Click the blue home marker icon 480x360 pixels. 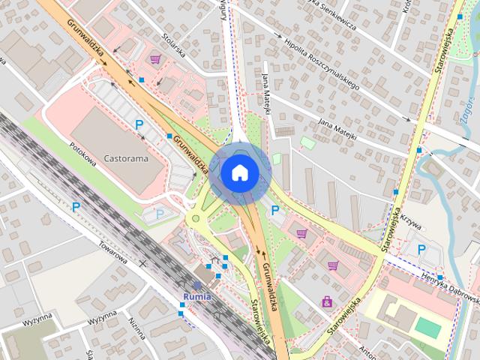pyautogui.click(x=239, y=172)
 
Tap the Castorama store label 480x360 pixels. pyautogui.click(x=126, y=159)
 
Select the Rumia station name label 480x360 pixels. pyautogui.click(x=197, y=295)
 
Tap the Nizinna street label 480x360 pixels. pyautogui.click(x=136, y=328)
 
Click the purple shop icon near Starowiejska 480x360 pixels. pyautogui.click(x=327, y=302)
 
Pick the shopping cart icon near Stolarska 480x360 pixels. pyautogui.click(x=155, y=58)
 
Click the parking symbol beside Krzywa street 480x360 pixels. pyautogui.click(x=421, y=248)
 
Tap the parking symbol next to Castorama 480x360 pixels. pyautogui.click(x=138, y=124)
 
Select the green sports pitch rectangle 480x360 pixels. pyautogui.click(x=428, y=327)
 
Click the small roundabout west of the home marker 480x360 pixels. pyautogui.click(x=197, y=218)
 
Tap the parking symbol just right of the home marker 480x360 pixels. pyautogui.click(x=275, y=211)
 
